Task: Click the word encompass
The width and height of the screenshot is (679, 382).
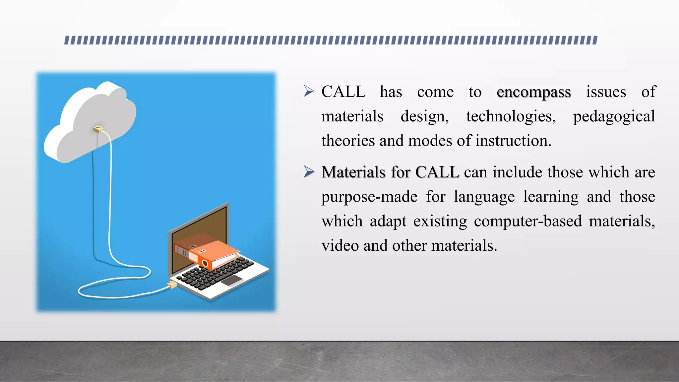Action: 533,93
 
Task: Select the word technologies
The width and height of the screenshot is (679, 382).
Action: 511,116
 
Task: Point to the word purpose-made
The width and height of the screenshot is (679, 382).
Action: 369,197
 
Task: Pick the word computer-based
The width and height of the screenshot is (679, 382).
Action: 527,221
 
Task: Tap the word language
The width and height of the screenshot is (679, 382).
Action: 484,197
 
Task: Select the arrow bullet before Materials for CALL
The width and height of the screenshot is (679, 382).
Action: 309,172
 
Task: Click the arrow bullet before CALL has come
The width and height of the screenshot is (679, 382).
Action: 309,91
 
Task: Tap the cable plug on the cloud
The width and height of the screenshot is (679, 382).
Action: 98,129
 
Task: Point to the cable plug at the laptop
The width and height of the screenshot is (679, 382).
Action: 172,285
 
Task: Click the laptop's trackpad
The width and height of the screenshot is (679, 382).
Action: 232,281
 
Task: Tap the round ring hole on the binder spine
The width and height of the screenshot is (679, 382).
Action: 205,264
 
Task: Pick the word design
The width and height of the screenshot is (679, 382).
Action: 424,116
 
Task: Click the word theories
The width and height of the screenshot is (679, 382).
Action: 348,141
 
